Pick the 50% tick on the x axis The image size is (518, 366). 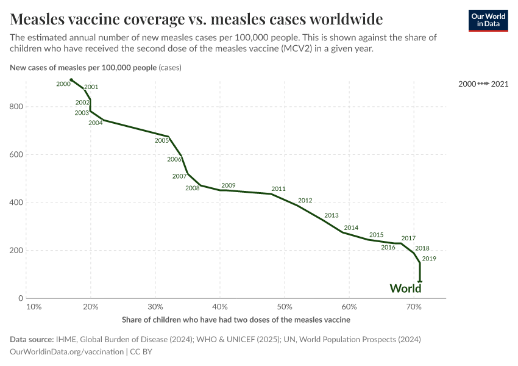285,306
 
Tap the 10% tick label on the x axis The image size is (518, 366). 34,306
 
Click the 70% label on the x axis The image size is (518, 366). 414,306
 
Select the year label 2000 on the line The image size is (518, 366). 63,84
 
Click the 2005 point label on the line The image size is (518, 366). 161,141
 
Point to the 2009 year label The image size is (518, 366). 229,185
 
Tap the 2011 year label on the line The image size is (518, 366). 279,189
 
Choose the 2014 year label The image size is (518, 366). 351,228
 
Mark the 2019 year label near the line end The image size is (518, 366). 429,259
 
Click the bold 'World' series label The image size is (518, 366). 405,289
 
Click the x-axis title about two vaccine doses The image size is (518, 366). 236,320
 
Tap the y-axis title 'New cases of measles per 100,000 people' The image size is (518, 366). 83,68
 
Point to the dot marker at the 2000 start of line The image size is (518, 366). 71,80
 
